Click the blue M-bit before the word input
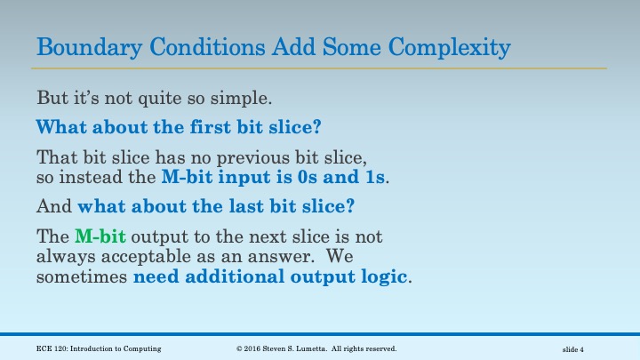point(188,176)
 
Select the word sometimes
point(82,276)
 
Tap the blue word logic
point(383,276)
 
